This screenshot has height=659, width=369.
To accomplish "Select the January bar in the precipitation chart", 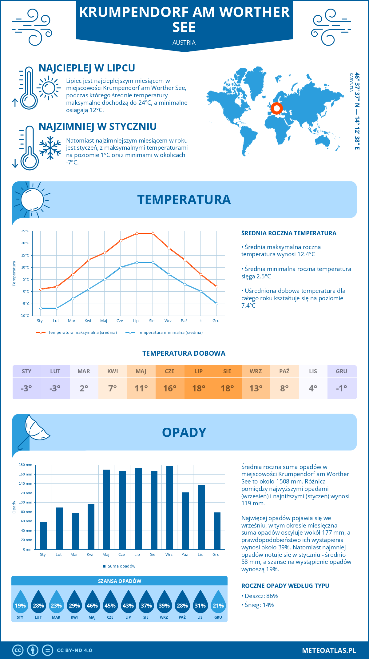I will tap(44, 536).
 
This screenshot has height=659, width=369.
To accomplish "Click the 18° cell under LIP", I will tap(199, 388).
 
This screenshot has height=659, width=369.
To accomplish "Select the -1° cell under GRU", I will tap(342, 388).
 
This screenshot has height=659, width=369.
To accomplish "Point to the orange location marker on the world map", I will tap(276, 108).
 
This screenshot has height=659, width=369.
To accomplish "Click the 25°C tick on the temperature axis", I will tap(25, 231).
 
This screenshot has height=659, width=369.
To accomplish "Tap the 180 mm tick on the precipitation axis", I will tap(26, 465).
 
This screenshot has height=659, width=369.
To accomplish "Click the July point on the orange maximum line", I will tap(137, 233).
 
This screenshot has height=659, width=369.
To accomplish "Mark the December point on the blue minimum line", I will tap(217, 304).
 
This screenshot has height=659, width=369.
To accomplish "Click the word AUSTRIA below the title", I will tap(184, 42).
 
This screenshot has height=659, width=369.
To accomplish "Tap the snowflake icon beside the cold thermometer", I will tap(50, 148).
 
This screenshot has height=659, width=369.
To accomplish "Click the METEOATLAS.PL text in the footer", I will tap(329, 650).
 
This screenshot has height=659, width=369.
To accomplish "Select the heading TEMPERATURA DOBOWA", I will tap(184, 353).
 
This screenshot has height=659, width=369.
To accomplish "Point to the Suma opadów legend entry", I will tap(121, 566).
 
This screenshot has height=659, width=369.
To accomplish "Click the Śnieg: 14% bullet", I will tap(259, 605).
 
